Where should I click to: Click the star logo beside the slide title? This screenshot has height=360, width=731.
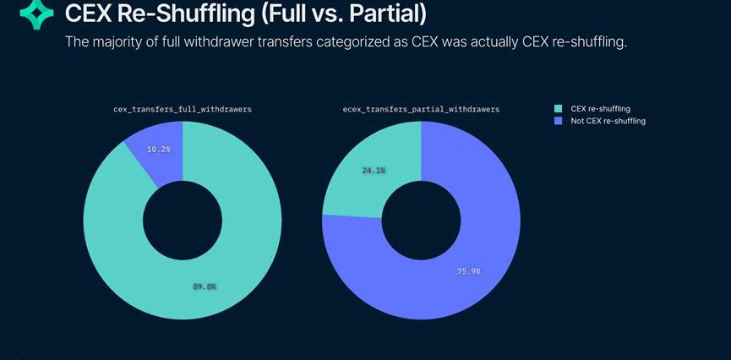[36, 14]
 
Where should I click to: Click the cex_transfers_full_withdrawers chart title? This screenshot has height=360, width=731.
[183, 110]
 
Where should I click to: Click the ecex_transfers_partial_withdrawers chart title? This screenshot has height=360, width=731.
[421, 110]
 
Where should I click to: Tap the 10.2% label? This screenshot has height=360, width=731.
[158, 149]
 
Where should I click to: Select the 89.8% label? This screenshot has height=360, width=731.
[205, 286]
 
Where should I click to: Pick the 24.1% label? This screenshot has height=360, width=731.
[374, 170]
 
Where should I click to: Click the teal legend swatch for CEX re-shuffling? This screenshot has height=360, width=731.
[557, 108]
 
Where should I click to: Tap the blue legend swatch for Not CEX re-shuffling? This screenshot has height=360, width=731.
[557, 121]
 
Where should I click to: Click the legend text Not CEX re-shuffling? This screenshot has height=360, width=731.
[608, 121]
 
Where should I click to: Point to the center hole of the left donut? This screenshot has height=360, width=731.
[183, 221]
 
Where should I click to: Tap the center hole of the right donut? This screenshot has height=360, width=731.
[421, 221]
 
